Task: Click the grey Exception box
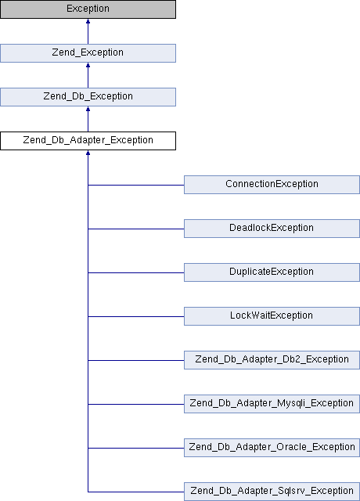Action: pyautogui.click(x=88, y=9)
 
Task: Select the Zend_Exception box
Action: pyautogui.click(x=88, y=53)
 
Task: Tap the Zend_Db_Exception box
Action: pyautogui.click(x=88, y=97)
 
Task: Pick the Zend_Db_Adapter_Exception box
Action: pyautogui.click(x=88, y=141)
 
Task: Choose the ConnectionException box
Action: pyautogui.click(x=272, y=185)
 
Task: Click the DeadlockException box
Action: pyautogui.click(x=272, y=228)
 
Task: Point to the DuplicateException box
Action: pyautogui.click(x=272, y=272)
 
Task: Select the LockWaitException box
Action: pyautogui.click(x=272, y=316)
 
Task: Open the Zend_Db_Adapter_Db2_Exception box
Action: pyautogui.click(x=272, y=360)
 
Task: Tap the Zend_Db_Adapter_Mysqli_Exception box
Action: pyautogui.click(x=272, y=404)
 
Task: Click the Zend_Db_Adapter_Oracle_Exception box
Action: pyautogui.click(x=272, y=447)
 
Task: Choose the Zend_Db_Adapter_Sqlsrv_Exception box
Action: pyautogui.click(x=272, y=491)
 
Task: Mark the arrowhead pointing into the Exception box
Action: pyautogui.click(x=88, y=21)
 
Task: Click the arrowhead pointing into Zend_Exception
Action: pyautogui.click(x=88, y=65)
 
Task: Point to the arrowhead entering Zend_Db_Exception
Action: pyautogui.click(x=88, y=109)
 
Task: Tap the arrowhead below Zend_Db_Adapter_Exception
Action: pyautogui.click(x=88, y=153)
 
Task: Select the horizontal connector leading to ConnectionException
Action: pyautogui.click(x=136, y=185)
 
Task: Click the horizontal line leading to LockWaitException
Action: pyautogui.click(x=136, y=316)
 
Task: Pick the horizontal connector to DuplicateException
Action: pyautogui.click(x=136, y=272)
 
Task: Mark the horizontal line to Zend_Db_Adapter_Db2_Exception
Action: pyautogui.click(x=136, y=360)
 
